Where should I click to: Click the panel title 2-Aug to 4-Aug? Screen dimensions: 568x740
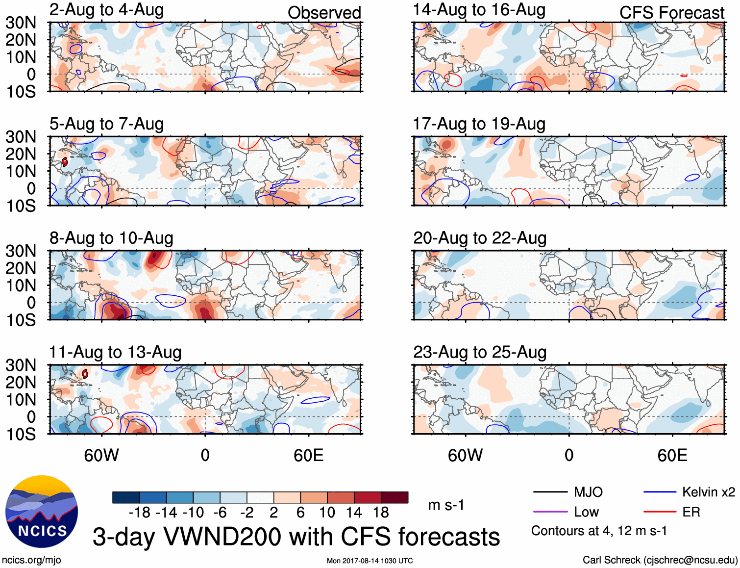point(106,10)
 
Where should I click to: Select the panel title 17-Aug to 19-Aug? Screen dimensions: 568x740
point(479,124)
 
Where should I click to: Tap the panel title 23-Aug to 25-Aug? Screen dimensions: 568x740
point(479,352)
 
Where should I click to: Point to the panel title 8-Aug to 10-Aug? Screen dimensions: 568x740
point(111,238)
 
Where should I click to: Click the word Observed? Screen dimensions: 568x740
point(324,13)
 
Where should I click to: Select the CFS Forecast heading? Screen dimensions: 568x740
point(671,13)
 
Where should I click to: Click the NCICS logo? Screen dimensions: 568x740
point(42,512)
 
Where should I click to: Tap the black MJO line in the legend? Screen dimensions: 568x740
point(550,492)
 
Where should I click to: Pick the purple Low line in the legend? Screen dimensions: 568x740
point(550,512)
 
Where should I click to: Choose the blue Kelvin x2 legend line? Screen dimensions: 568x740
point(660,492)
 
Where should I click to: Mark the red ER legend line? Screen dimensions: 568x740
point(660,512)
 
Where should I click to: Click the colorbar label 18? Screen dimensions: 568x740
point(381,513)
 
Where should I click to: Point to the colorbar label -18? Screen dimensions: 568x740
point(140,513)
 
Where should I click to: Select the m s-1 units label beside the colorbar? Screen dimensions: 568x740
point(446,505)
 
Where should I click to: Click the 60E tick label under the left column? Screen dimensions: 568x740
point(309,455)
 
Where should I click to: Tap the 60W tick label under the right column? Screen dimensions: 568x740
point(465,455)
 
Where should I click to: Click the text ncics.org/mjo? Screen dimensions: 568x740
point(31,560)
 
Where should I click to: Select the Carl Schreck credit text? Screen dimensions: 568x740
point(660,560)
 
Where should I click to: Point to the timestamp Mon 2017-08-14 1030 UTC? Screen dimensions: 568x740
point(370,561)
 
